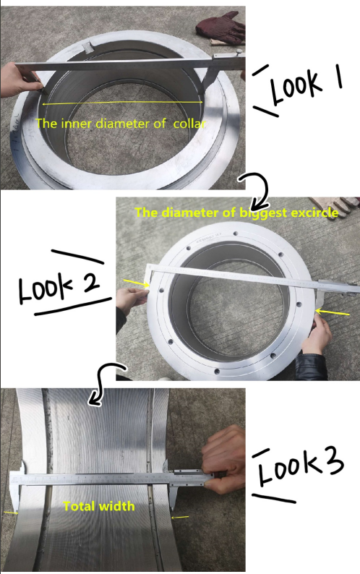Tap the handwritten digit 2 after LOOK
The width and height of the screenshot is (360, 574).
[x=91, y=281]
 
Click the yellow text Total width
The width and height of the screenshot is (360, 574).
[x=99, y=506]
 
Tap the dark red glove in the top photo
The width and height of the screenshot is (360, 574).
[x=223, y=28]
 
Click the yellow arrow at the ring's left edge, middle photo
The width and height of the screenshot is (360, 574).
[x=136, y=283]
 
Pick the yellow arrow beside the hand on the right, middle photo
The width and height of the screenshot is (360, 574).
[x=332, y=312]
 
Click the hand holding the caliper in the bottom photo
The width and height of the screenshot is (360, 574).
[x=223, y=460]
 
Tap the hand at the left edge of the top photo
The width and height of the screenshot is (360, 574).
[x=18, y=80]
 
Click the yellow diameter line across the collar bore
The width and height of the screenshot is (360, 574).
[x=122, y=103]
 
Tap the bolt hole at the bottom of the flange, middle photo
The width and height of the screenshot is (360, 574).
[x=217, y=371]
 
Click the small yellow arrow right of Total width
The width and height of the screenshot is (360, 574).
[x=180, y=518]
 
